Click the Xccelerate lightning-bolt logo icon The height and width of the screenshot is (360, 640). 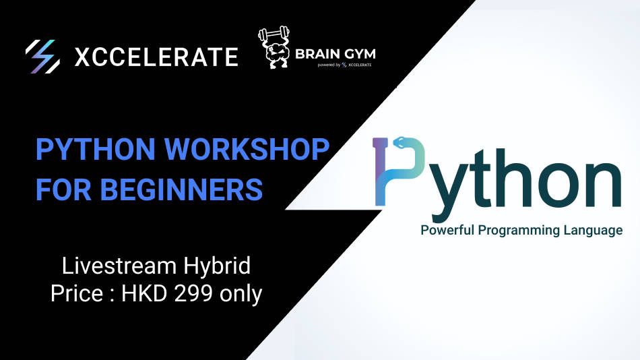[x=41, y=56]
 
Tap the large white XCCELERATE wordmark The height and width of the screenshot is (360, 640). [x=156, y=57]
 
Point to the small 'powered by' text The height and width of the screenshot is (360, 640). [x=326, y=65]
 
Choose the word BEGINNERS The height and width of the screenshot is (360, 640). [x=181, y=190]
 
